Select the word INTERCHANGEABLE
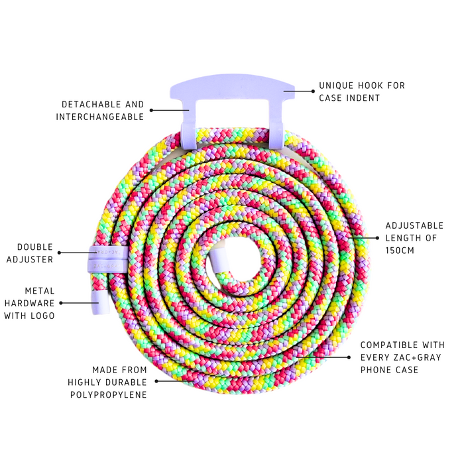[x=100, y=117]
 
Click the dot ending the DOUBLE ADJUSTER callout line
[x=59, y=253]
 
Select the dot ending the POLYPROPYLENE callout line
[x=156, y=381]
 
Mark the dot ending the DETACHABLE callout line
[x=151, y=110]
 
